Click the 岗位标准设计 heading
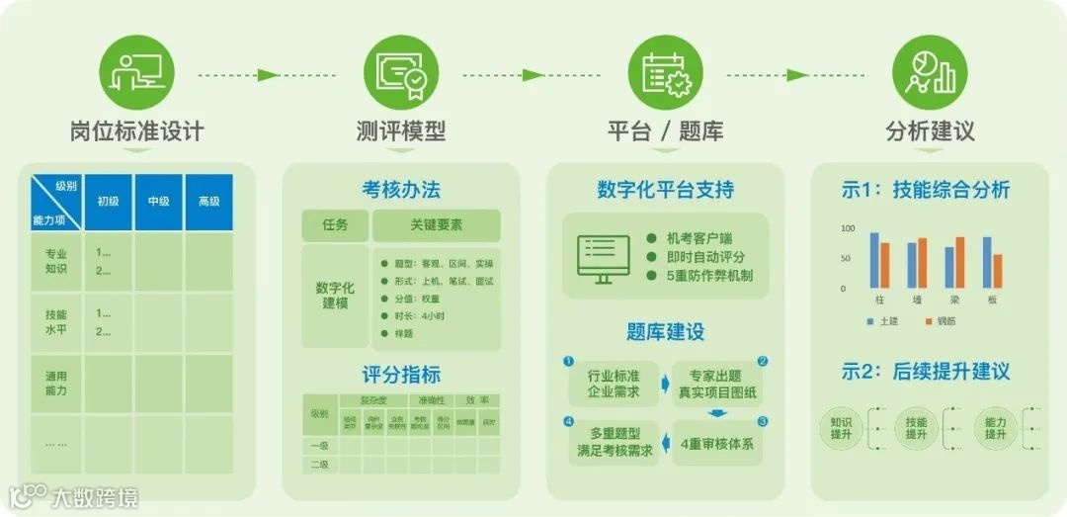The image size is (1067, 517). click(x=136, y=131)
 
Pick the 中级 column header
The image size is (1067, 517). click(x=159, y=202)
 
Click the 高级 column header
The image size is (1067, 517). click(x=208, y=202)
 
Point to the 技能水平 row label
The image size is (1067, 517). click(x=56, y=321)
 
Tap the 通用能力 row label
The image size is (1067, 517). click(x=56, y=383)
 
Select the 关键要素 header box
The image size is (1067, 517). click(x=436, y=225)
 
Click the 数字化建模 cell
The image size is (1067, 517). click(x=335, y=295)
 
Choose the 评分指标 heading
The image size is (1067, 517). click(x=400, y=376)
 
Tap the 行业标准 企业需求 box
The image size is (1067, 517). click(x=614, y=384)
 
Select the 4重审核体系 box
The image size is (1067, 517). click(x=717, y=444)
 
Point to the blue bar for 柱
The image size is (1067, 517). click(x=874, y=260)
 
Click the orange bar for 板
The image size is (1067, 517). click(x=998, y=271)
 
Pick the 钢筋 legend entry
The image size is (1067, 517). click(x=940, y=321)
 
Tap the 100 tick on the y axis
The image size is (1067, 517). click(x=847, y=228)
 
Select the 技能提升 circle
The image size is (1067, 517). click(x=916, y=428)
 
